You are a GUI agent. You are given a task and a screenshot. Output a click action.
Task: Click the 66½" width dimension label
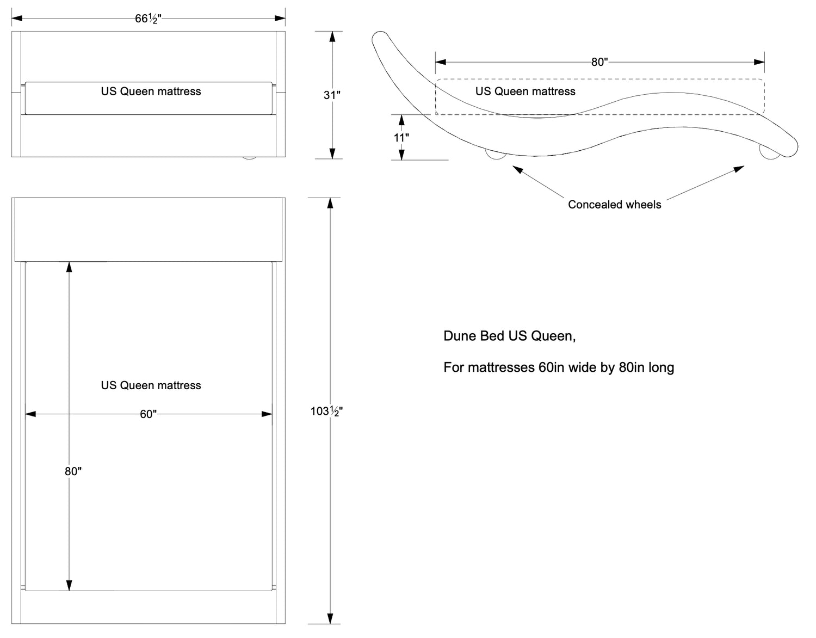148,19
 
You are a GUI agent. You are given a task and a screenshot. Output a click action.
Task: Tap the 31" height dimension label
332,95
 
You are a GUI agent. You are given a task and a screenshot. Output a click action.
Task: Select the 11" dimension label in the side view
401,138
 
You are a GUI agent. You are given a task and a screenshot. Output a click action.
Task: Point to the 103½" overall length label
326,412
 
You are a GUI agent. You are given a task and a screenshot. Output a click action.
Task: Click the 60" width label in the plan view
148,414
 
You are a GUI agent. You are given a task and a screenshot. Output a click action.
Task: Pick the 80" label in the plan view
73,471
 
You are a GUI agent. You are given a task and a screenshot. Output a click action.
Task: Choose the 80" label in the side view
599,62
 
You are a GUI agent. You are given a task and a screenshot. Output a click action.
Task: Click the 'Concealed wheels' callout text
614,204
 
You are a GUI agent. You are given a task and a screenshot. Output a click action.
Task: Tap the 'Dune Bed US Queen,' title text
509,336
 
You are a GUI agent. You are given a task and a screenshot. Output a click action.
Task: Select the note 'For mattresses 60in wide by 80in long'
559,367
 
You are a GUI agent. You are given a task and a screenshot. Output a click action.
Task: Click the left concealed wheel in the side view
496,155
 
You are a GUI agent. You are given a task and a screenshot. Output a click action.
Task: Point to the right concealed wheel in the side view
769,154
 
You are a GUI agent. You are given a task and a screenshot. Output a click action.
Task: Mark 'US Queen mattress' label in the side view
526,91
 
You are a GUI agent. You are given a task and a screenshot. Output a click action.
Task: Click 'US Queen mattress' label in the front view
151,91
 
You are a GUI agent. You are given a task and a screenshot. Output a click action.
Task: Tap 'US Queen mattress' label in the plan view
151,385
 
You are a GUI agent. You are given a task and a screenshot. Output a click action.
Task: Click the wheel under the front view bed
249,158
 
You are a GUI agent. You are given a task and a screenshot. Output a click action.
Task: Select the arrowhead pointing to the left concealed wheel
517,170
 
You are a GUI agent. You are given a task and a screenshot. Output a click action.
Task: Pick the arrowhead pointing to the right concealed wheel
739,169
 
